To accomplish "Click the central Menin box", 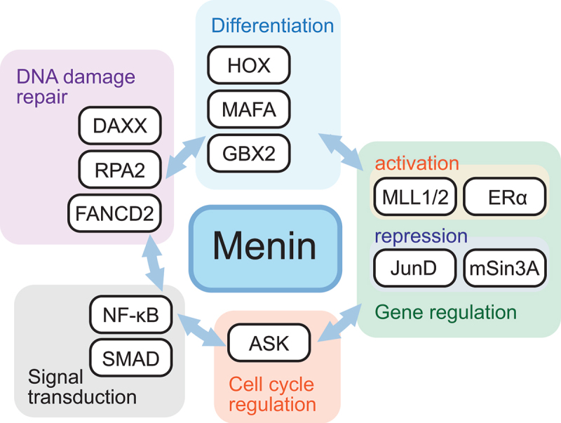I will pyautogui.click(x=265, y=247).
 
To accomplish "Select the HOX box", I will pyautogui.click(x=249, y=67).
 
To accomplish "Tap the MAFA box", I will pyautogui.click(x=249, y=109).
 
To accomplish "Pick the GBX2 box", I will pyautogui.click(x=249, y=153).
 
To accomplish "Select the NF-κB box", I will pyautogui.click(x=133, y=316).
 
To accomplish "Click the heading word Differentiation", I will pyautogui.click(x=272, y=27).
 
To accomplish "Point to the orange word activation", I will pyautogui.click(x=417, y=163).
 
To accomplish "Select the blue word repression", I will pyautogui.click(x=421, y=235).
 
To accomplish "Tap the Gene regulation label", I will pyautogui.click(x=445, y=310).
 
